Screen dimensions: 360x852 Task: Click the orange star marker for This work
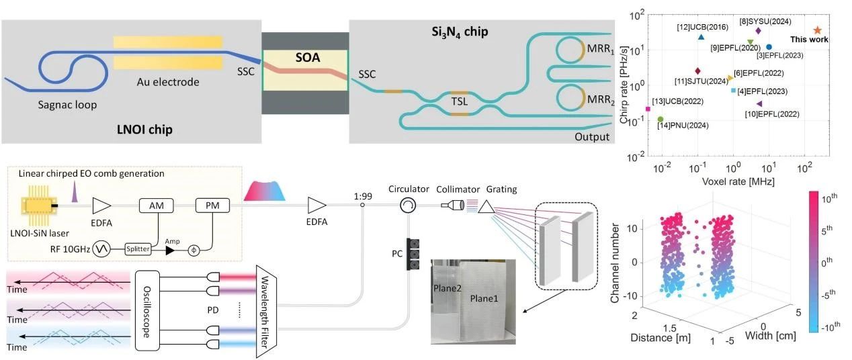[x=817, y=30]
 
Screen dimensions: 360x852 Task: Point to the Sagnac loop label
[x=68, y=105]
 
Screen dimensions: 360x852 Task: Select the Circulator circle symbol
[x=407, y=205]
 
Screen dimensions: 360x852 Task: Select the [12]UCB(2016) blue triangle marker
[x=682, y=38]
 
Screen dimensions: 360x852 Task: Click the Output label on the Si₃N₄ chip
[x=592, y=137]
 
